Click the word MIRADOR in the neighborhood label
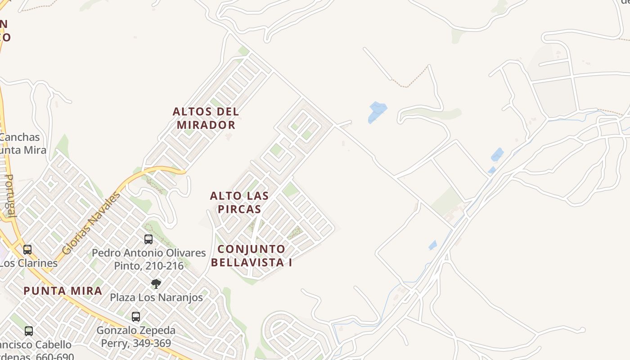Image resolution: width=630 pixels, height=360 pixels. (206, 125)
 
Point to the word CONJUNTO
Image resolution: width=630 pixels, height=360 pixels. (251, 249)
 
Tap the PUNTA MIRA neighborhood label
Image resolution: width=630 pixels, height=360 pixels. (63, 291)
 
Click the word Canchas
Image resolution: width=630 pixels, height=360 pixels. (20, 137)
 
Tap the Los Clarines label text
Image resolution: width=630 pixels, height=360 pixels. (28, 263)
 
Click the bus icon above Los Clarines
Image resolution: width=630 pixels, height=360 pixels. (27, 249)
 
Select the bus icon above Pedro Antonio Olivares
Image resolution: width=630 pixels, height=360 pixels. (148, 239)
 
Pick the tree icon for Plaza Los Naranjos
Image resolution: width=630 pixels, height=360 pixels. (156, 284)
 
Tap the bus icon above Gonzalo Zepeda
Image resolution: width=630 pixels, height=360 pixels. (136, 317)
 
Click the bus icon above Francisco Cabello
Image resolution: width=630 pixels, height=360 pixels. (29, 331)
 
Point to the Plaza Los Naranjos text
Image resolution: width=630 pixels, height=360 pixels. (156, 297)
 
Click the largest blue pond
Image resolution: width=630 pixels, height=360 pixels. (377, 112)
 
